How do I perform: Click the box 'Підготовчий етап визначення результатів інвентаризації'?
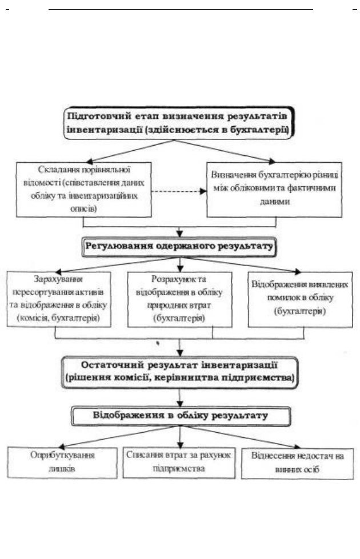point(179,123)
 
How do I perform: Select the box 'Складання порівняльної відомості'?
point(84,190)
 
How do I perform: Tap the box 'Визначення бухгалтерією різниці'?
point(274,190)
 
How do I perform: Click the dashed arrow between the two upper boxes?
point(179,191)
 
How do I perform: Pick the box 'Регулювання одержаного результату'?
point(179,247)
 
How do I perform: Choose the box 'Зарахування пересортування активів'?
point(59,299)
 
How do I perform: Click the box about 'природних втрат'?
point(179,299)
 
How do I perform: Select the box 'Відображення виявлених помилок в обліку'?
point(301,299)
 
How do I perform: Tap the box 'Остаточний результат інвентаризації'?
point(179,372)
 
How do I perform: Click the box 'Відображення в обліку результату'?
point(181,416)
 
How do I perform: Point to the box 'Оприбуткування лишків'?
point(62,463)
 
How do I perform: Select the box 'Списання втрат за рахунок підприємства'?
point(179,463)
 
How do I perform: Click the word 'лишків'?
point(62,468)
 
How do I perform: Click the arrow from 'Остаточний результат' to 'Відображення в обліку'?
point(179,398)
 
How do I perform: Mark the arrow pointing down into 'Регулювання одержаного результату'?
point(179,232)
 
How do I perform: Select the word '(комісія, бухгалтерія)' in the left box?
point(58,317)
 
